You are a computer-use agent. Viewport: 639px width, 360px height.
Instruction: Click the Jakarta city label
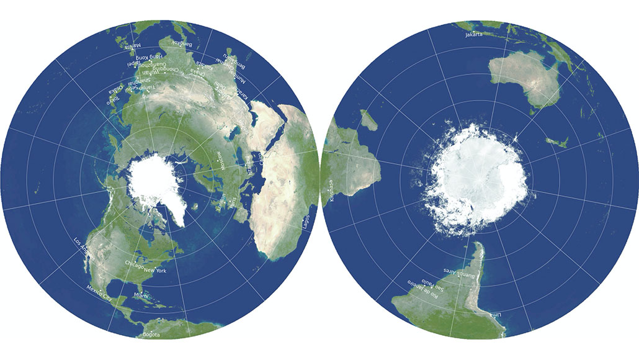(x=473, y=35)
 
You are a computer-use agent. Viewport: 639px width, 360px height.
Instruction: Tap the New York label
(x=155, y=270)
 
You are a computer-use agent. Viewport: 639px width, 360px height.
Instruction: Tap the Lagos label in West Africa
(x=305, y=223)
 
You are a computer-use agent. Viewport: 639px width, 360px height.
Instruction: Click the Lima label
(x=495, y=316)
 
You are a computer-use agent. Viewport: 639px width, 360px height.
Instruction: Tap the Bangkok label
(x=182, y=44)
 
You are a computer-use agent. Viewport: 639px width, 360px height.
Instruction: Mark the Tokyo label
(x=113, y=97)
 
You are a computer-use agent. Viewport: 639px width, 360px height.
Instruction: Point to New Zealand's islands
(x=556, y=142)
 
